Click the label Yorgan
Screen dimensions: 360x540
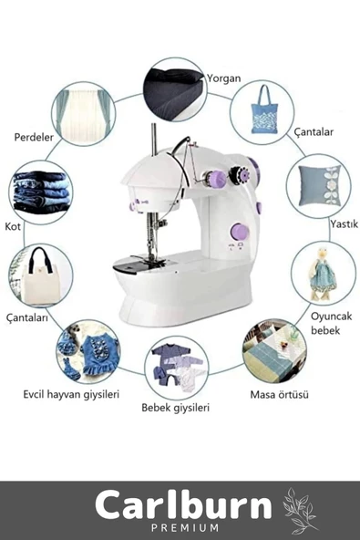(223, 78)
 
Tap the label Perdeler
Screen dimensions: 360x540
(34, 137)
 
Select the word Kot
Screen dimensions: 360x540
(13, 226)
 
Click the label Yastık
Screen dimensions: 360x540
(345, 223)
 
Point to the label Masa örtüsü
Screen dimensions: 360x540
(279, 394)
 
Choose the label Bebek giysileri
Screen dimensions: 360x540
(176, 408)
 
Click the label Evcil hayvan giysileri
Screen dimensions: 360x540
(71, 394)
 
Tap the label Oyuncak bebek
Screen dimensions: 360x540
(331, 324)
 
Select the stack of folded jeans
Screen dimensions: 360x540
(41, 192)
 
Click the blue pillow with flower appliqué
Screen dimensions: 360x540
(320, 186)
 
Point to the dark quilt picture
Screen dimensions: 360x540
(174, 91)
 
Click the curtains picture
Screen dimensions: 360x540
(85, 114)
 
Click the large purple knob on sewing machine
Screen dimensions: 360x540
(240, 232)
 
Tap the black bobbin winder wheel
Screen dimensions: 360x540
(240, 175)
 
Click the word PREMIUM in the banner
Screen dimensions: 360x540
(185, 527)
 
